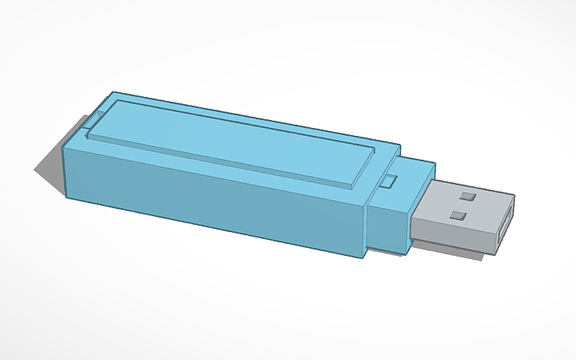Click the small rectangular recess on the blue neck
(x=389, y=181)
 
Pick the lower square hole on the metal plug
(x=457, y=215)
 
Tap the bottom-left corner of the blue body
(x=67, y=196)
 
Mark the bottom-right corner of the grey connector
(x=493, y=254)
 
